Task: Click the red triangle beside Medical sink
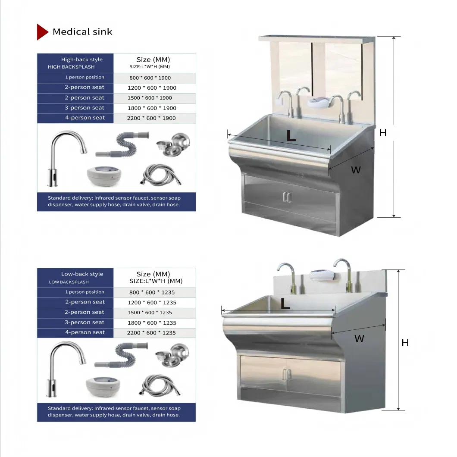42,32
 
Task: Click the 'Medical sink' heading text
82,32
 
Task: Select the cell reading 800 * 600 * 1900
150,78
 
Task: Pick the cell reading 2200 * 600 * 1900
151,118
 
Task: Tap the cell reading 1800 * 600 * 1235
152,322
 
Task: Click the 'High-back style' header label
82,59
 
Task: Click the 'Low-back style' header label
82,274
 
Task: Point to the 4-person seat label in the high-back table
85,118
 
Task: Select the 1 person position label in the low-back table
85,292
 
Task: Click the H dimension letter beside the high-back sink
383,133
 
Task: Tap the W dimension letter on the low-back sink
360,338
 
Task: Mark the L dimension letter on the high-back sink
291,135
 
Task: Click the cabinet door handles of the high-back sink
287,197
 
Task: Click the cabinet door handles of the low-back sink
287,375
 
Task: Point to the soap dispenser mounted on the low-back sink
322,275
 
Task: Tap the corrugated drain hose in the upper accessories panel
122,144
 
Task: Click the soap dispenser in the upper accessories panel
104,176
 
